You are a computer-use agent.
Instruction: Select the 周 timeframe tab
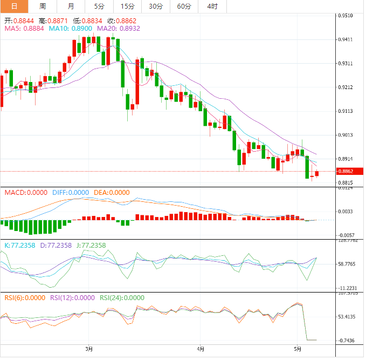(43, 6)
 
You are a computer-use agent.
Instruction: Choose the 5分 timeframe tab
(100, 6)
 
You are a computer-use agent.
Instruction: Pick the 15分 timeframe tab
(128, 6)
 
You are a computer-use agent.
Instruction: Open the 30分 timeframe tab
(156, 6)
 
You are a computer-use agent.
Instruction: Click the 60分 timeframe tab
(184, 6)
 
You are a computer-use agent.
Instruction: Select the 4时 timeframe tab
(212, 6)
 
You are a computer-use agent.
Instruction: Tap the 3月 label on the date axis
(89, 349)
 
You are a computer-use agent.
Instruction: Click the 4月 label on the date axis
(201, 349)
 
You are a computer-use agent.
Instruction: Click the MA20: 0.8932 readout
(118, 29)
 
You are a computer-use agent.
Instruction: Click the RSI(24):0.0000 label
(122, 297)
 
